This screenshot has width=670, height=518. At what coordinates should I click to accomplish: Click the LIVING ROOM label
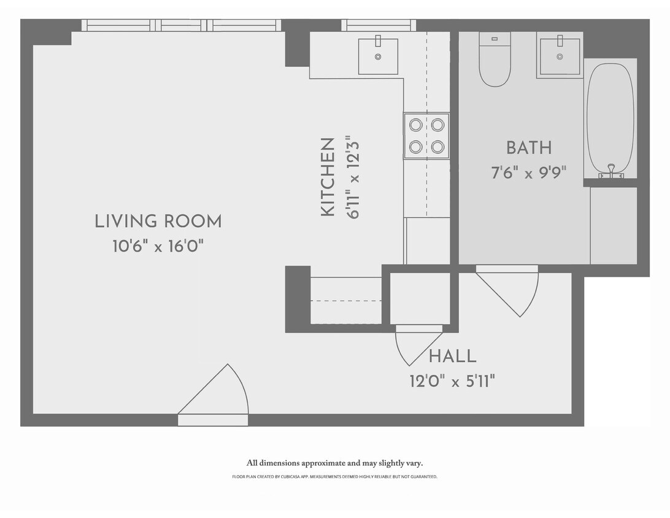click(x=158, y=222)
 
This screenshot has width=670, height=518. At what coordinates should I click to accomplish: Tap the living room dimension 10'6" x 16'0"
click(x=158, y=247)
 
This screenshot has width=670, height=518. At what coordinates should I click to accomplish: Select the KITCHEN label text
click(x=328, y=177)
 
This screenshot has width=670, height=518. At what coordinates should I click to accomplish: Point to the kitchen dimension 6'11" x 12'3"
click(x=351, y=177)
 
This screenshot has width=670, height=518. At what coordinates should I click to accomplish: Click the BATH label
click(x=528, y=148)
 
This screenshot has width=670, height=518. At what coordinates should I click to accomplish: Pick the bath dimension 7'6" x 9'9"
click(x=528, y=172)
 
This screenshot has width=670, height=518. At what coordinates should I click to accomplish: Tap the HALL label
click(x=452, y=356)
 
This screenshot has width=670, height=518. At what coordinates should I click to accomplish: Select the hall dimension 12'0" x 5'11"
click(x=452, y=382)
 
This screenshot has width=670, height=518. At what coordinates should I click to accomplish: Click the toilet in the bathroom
click(x=495, y=61)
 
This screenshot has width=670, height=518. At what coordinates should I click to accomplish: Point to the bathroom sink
click(x=559, y=56)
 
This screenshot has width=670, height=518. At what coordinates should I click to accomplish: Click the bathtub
click(x=610, y=117)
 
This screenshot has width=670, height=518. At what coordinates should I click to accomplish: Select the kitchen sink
click(x=378, y=56)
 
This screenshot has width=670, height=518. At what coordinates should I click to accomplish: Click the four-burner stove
click(x=426, y=136)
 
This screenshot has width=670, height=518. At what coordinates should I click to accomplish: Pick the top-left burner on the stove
click(x=416, y=125)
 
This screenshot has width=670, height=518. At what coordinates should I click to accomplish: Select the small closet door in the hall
click(x=417, y=344)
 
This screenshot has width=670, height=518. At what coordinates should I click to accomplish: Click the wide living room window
click(x=182, y=25)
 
